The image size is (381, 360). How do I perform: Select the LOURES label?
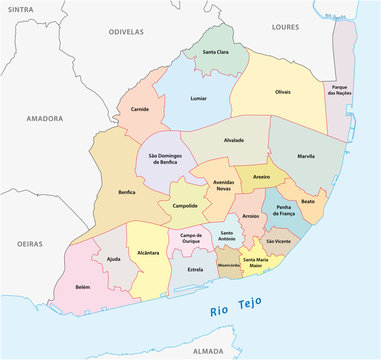click(x=285, y=27)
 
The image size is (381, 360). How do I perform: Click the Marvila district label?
click(x=307, y=157)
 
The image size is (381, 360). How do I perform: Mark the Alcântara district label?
click(x=148, y=254)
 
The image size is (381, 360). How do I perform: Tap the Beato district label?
click(x=307, y=201)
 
